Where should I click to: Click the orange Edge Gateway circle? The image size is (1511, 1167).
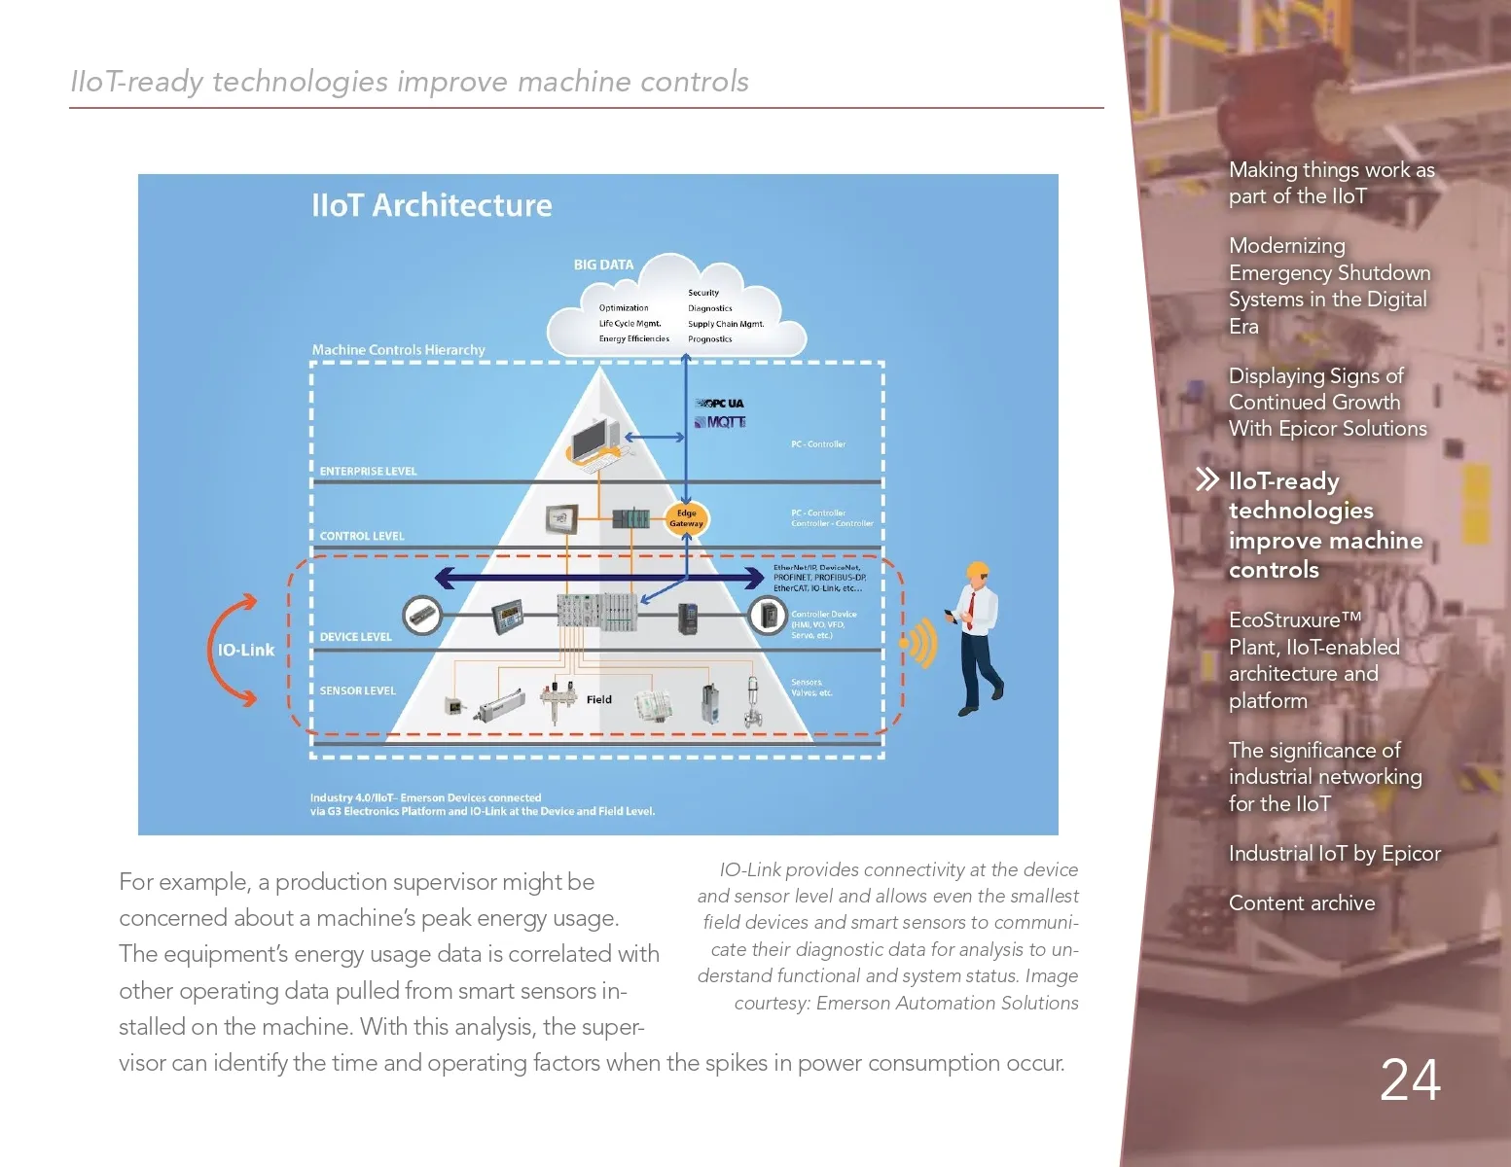pyautogui.click(x=686, y=518)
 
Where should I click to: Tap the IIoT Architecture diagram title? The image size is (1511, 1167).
pyautogui.click(x=431, y=205)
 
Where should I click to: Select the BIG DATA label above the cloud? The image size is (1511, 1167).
pyautogui.click(x=603, y=265)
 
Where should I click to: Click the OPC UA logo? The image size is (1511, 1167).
pyautogui.click(x=720, y=403)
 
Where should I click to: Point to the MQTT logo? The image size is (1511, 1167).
pyautogui.click(x=720, y=422)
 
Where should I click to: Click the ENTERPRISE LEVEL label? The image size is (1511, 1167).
pyautogui.click(x=368, y=472)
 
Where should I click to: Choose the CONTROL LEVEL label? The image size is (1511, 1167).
pyautogui.click(x=362, y=536)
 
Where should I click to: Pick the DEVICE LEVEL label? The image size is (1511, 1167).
pyautogui.click(x=355, y=637)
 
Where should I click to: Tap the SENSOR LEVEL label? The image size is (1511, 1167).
pyautogui.click(x=357, y=690)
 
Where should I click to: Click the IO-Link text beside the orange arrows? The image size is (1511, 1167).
pyautogui.click(x=245, y=650)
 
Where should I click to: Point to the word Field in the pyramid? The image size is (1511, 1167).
pyautogui.click(x=599, y=699)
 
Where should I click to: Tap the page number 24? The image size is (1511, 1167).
pyautogui.click(x=1410, y=1079)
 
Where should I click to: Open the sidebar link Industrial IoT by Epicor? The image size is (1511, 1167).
pyautogui.click(x=1334, y=853)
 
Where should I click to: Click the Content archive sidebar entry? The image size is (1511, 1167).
pyautogui.click(x=1302, y=902)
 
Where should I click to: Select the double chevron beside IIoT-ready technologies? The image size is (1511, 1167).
pyautogui.click(x=1206, y=479)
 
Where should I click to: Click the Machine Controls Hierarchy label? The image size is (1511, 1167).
pyautogui.click(x=398, y=349)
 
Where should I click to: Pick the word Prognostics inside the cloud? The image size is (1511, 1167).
pyautogui.click(x=709, y=339)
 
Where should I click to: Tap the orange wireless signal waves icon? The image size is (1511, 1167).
pyautogui.click(x=918, y=643)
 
